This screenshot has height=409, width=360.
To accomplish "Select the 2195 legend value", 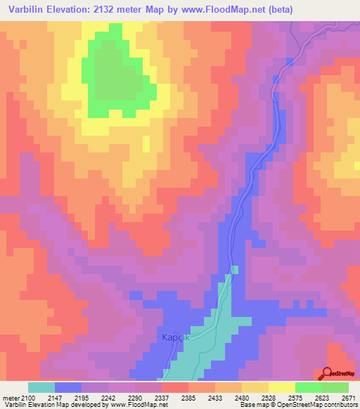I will click(x=81, y=398).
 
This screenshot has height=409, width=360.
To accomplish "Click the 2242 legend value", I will click(x=108, y=398).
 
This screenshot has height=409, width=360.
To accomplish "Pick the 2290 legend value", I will click(x=135, y=398).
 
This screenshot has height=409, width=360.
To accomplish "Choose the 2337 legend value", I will click(x=162, y=398).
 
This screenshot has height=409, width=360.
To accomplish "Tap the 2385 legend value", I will click(x=188, y=398).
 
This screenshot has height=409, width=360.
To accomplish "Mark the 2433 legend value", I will click(x=215, y=398).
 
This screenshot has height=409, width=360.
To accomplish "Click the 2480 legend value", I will click(x=242, y=398).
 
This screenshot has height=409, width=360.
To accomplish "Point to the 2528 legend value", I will click(x=269, y=398).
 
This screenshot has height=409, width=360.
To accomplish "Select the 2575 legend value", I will click(x=295, y=398).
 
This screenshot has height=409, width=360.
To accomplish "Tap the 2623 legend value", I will click(x=322, y=398).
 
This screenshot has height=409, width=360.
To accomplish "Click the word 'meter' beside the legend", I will click(x=10, y=398).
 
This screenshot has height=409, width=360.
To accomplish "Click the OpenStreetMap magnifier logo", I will click(x=328, y=373).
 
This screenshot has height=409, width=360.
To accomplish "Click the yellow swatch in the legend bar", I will click(x=282, y=387).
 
